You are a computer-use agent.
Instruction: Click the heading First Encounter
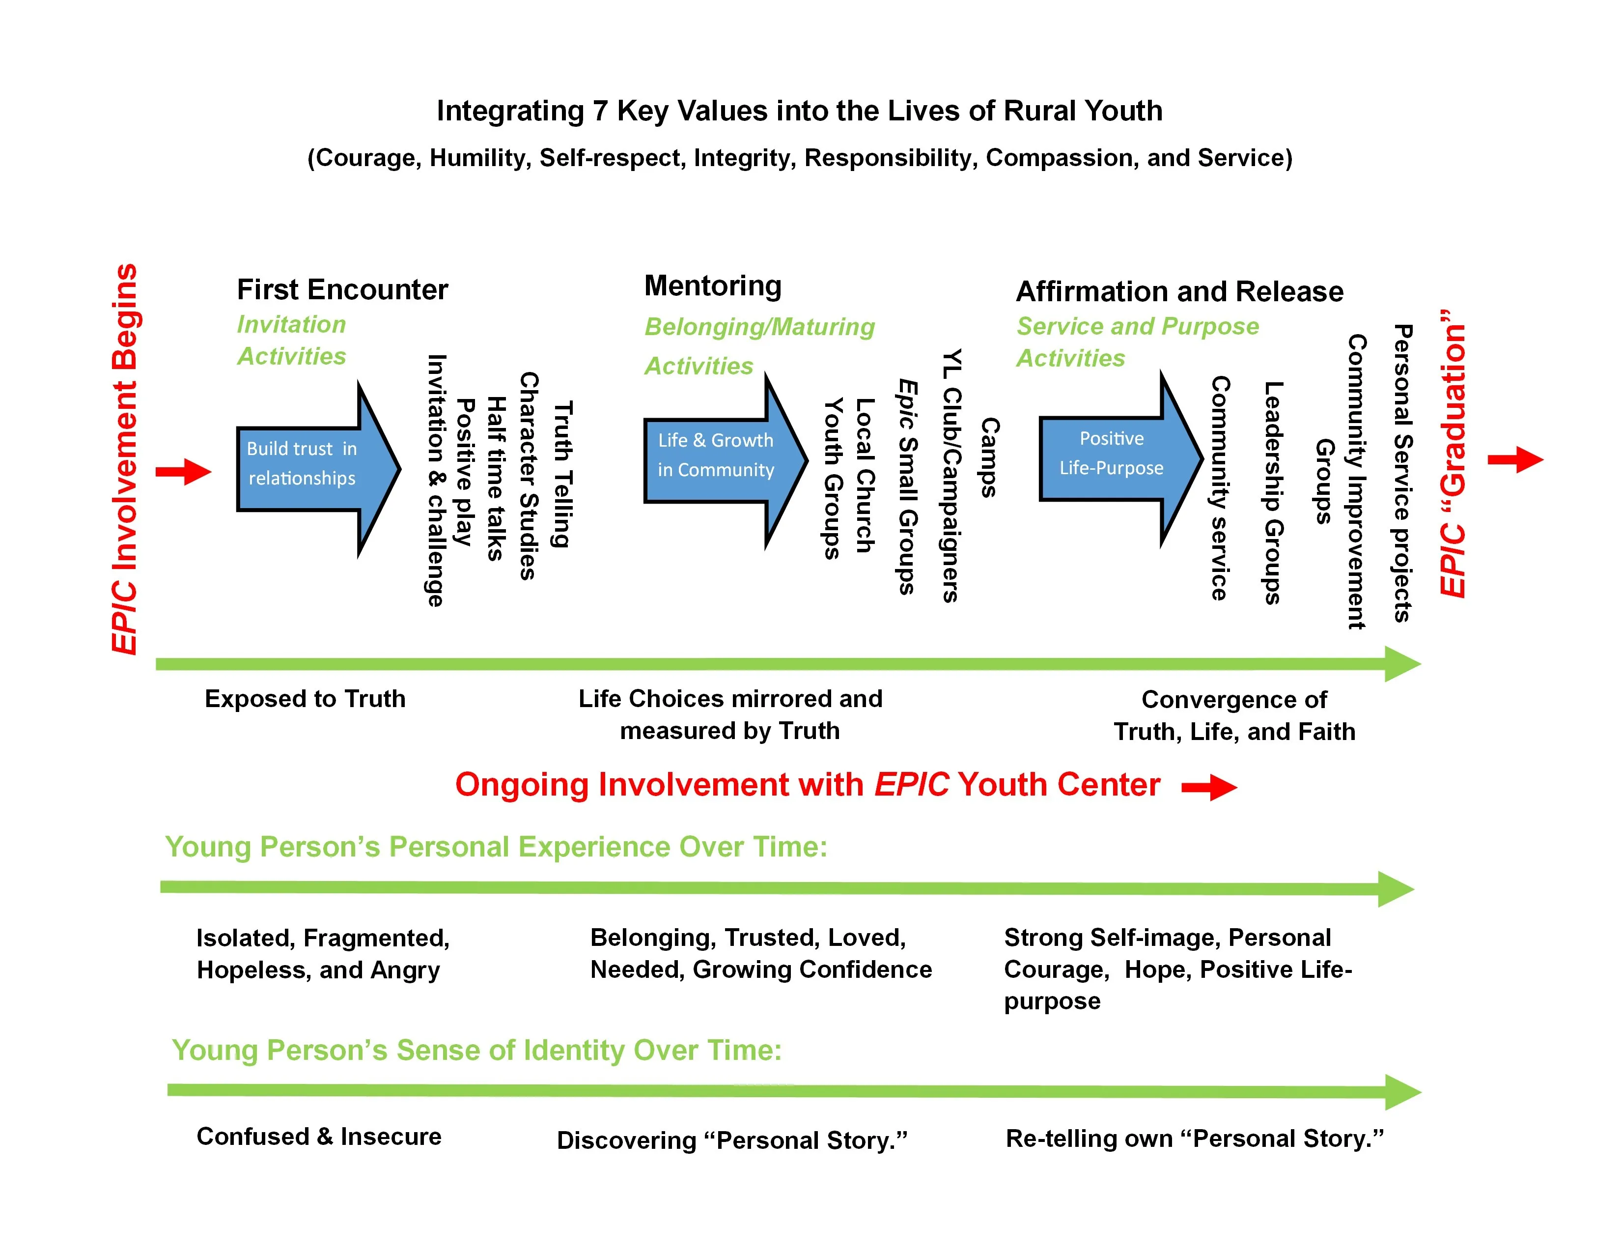pos(342,289)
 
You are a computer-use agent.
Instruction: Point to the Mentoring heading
pos(713,286)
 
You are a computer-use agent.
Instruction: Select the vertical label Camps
pos(989,456)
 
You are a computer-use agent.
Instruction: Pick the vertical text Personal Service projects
pos(1402,473)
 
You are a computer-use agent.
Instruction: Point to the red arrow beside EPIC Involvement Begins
pos(183,471)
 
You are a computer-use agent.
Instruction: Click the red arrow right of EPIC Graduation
pos(1515,459)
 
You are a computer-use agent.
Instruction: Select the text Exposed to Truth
pos(305,699)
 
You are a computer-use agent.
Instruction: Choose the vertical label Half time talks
pos(496,478)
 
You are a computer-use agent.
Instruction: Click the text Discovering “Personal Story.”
pos(732,1139)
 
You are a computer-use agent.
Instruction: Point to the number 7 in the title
pos(600,111)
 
